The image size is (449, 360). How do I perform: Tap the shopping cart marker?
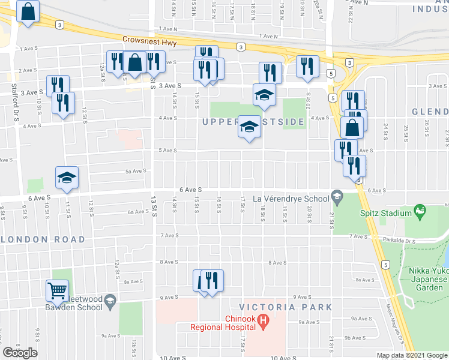pyautogui.click(x=57, y=291)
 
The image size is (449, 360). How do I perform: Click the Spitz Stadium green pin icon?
pyautogui.click(x=420, y=211)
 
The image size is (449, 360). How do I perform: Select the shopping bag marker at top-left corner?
pyautogui.click(x=28, y=11)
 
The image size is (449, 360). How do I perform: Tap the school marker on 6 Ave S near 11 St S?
pyautogui.click(x=67, y=178)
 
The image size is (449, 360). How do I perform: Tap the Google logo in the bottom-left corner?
pyautogui.click(x=20, y=352)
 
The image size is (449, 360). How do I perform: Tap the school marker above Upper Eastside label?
pyautogui.click(x=264, y=95)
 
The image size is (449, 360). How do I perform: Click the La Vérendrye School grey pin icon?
pyautogui.click(x=337, y=197)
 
